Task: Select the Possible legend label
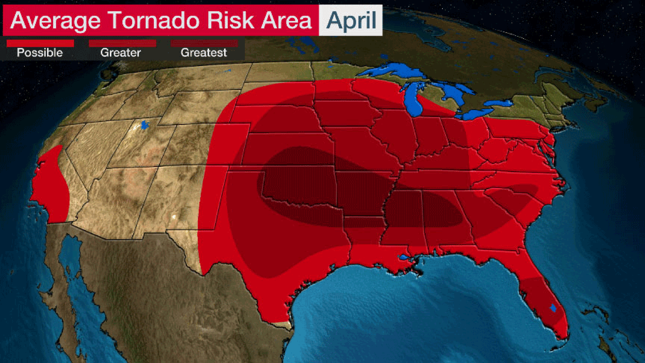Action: pyautogui.click(x=40, y=53)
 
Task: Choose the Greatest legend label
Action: pyautogui.click(x=204, y=53)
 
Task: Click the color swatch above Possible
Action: pyautogui.click(x=40, y=43)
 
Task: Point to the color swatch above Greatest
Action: pyautogui.click(x=204, y=43)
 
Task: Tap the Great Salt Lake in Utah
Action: pyautogui.click(x=144, y=125)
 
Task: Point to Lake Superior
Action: pyautogui.click(x=391, y=70)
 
